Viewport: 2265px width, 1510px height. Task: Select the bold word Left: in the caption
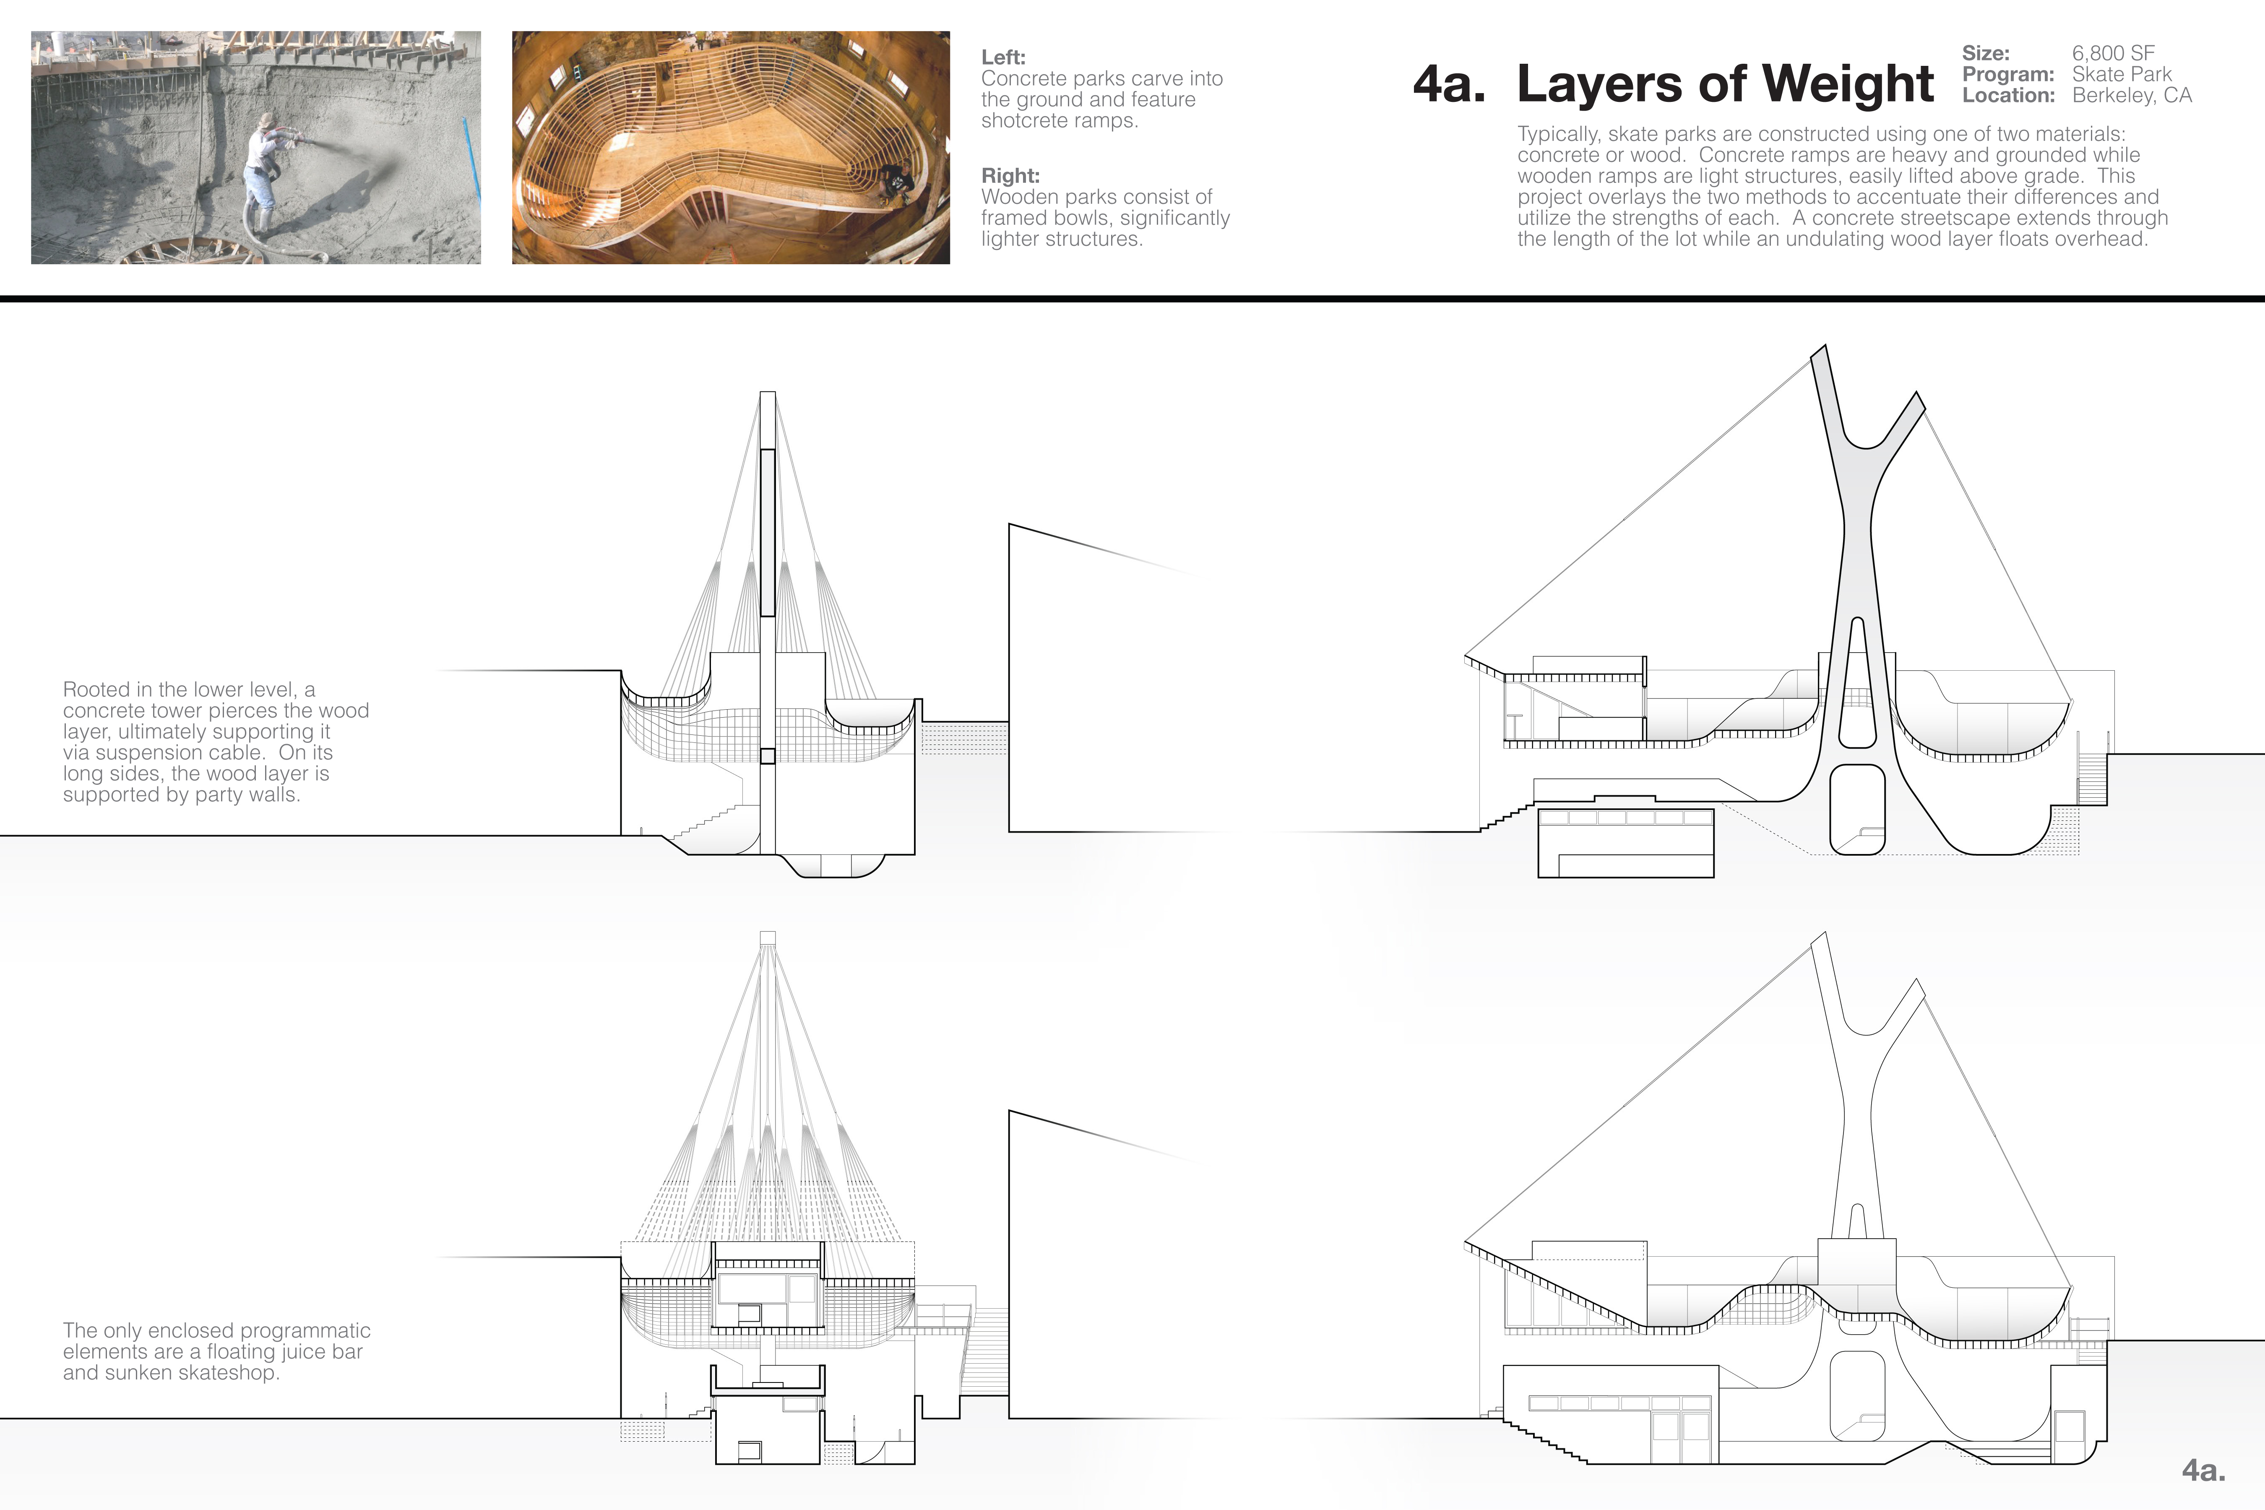(1003, 57)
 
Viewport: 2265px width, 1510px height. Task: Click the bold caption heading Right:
(1010, 175)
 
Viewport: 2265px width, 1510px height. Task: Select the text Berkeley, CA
(2132, 95)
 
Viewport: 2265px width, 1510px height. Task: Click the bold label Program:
(2008, 74)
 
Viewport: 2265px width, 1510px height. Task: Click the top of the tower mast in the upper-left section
(768, 393)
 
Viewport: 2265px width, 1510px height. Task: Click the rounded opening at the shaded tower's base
(1857, 809)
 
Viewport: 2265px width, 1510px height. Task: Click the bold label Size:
(1986, 53)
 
